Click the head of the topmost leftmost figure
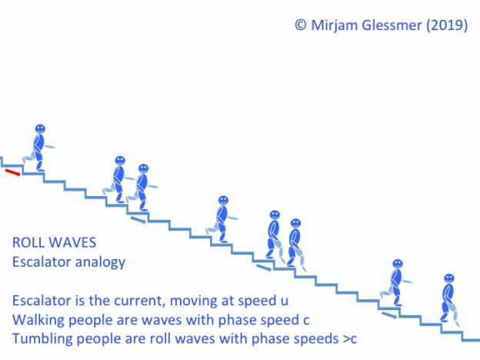pos(40,129)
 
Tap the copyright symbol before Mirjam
pos(300,25)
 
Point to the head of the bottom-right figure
pos(449,279)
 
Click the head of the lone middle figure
pos(223,200)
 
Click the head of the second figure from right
pos(398,264)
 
